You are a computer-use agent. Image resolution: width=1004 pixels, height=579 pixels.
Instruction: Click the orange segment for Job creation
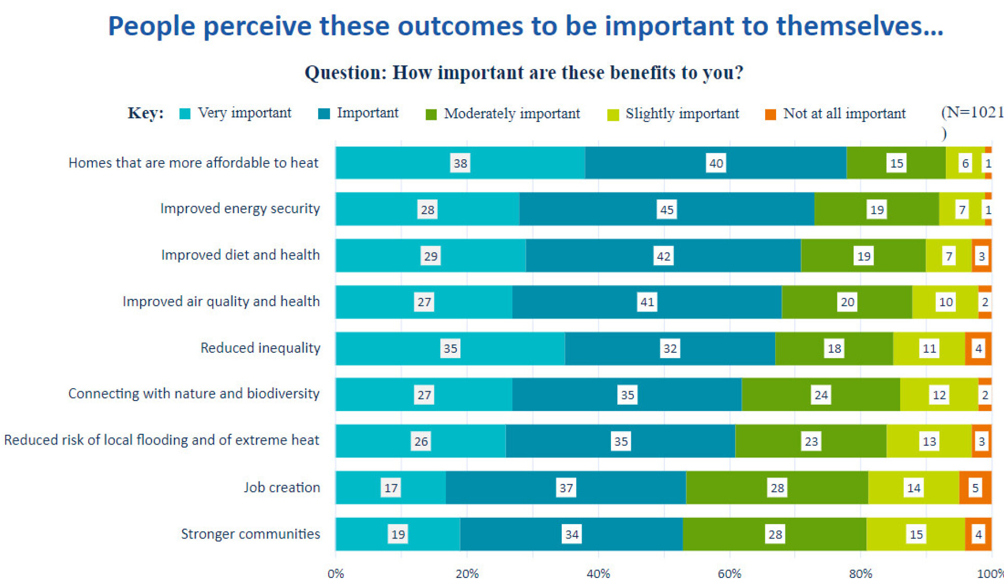click(975, 488)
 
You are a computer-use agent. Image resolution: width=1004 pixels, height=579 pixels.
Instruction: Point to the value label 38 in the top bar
click(460, 163)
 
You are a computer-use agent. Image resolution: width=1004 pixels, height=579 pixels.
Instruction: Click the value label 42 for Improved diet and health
click(663, 256)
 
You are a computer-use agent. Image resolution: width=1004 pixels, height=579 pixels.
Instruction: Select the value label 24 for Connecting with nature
click(821, 395)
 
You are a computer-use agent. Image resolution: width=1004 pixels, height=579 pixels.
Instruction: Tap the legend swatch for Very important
click(185, 114)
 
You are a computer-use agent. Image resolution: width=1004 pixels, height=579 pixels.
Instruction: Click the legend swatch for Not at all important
click(770, 114)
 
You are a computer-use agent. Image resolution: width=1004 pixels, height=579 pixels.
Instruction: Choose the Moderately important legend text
click(511, 114)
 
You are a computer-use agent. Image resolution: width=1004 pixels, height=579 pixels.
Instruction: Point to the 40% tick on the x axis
click(598, 573)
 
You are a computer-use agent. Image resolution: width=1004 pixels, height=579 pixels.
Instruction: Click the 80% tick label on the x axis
click(860, 573)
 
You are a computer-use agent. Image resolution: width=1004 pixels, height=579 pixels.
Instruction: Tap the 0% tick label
click(336, 573)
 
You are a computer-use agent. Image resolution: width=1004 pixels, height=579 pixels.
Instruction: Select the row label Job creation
click(282, 487)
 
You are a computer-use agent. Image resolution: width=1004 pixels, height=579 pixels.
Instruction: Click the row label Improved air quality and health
click(221, 301)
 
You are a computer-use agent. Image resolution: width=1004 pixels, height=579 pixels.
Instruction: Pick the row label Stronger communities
click(250, 534)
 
